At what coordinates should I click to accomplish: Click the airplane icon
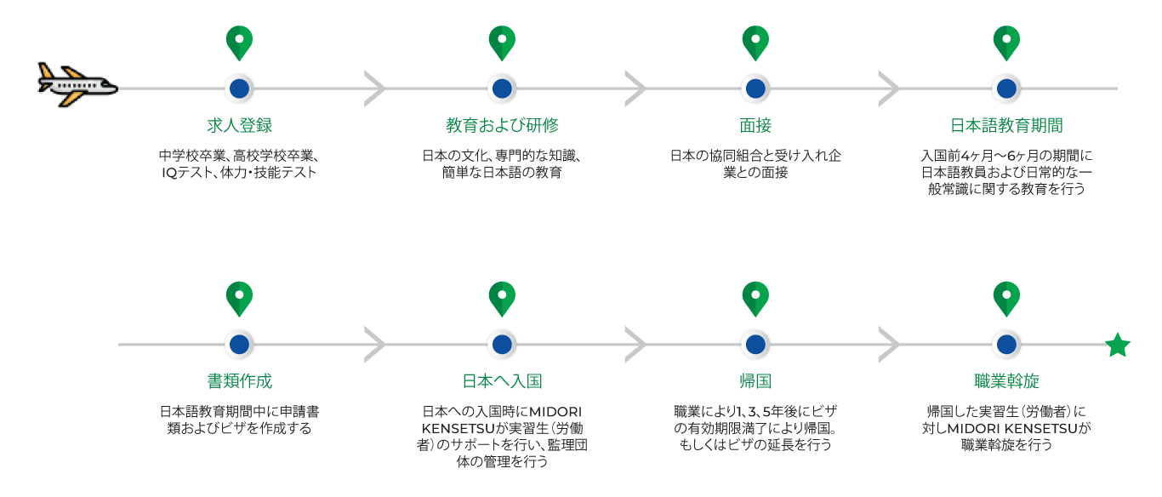[x=77, y=85]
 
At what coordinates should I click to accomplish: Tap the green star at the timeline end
[x=1117, y=346]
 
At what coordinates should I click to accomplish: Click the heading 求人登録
[x=240, y=126]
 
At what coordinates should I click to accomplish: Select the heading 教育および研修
[x=502, y=126]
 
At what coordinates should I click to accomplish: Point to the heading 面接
[x=755, y=126]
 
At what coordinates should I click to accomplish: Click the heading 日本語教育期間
[x=1006, y=126]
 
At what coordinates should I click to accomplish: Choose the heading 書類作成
[x=240, y=380]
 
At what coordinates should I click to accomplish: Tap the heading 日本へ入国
[x=502, y=380]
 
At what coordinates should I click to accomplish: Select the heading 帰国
[x=755, y=380]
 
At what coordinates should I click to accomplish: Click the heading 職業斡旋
[x=1006, y=380]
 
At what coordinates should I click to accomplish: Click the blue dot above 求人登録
[x=240, y=89]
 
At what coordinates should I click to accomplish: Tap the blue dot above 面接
[x=755, y=89]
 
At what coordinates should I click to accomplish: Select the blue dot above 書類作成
[x=240, y=345]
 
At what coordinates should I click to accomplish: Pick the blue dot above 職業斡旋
[x=1006, y=345]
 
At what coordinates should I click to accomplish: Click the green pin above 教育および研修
[x=502, y=41]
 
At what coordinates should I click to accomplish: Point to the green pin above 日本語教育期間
[x=1006, y=41]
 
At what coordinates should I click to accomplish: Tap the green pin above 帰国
[x=755, y=297]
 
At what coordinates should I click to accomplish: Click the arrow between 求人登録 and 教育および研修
[x=375, y=89]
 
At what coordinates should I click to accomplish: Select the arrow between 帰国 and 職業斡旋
[x=889, y=345]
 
